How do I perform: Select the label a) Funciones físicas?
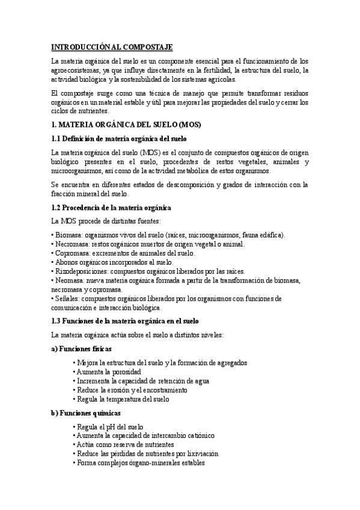82,349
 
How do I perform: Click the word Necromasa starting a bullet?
72,244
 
